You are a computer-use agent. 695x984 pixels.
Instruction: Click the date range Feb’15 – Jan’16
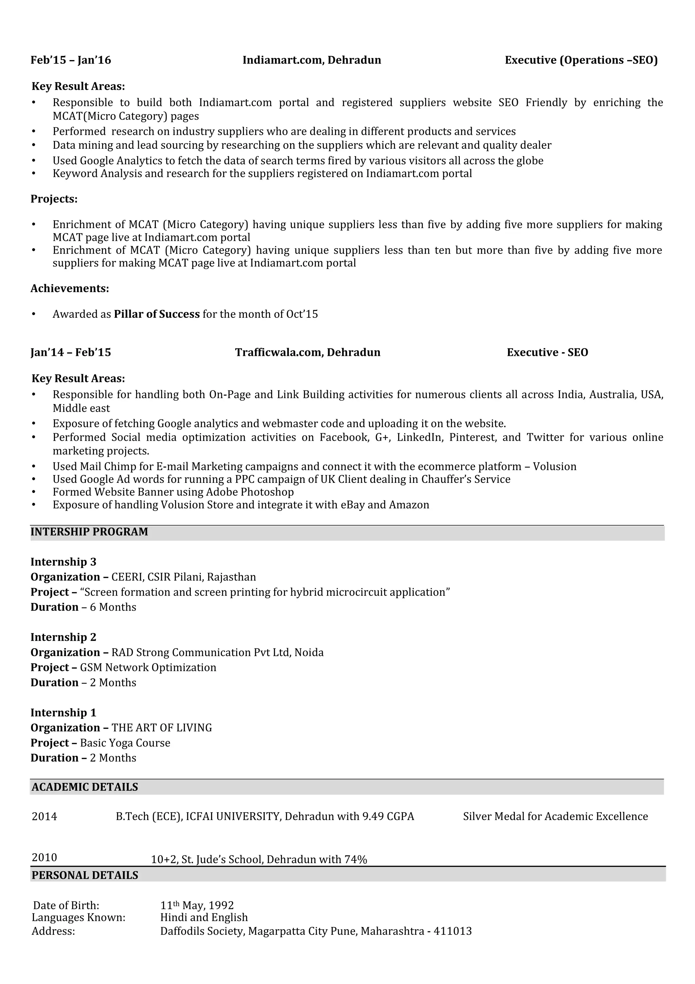tap(71, 60)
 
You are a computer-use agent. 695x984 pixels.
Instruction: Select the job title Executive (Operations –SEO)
tap(581, 60)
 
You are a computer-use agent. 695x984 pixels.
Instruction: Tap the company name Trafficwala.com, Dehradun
tap(307, 352)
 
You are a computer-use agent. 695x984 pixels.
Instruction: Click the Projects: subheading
tap(54, 199)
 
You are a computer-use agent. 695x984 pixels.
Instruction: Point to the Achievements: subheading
tap(70, 288)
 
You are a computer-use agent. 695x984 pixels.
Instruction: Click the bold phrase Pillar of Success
tap(157, 314)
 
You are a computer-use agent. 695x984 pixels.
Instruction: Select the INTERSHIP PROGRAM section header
tap(89, 532)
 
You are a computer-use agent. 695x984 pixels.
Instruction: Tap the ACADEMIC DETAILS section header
tap(85, 787)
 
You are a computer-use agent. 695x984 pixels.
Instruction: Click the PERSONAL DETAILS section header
tap(85, 875)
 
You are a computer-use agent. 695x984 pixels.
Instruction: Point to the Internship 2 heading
tap(63, 637)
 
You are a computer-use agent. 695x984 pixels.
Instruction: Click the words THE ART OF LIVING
tap(162, 728)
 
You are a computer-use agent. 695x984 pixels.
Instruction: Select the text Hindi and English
tap(204, 917)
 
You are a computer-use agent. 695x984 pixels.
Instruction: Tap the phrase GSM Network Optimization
tap(148, 667)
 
